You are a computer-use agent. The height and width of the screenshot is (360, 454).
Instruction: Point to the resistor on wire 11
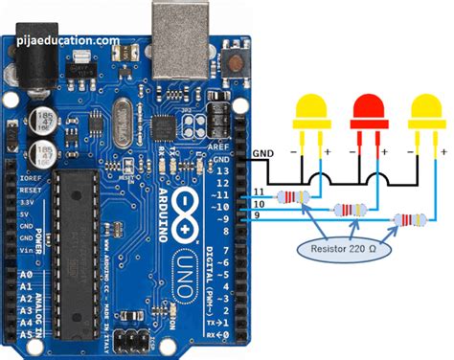290,197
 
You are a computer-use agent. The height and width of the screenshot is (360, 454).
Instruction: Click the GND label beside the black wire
262,153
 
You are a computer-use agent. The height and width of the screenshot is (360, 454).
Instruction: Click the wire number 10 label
258,205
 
